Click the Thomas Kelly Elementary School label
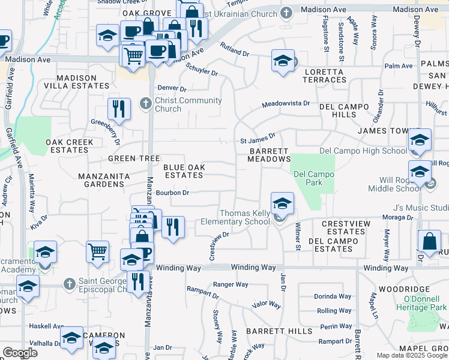click(244, 217)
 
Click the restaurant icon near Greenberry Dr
click(119, 109)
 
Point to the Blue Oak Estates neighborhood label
click(184, 171)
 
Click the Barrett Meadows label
click(269, 155)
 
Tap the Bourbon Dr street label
click(172, 193)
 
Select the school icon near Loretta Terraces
click(282, 60)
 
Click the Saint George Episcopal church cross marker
click(70, 282)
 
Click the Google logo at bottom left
click(20, 353)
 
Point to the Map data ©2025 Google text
click(411, 355)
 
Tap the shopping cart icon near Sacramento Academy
click(97, 251)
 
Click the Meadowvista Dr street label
click(286, 104)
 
